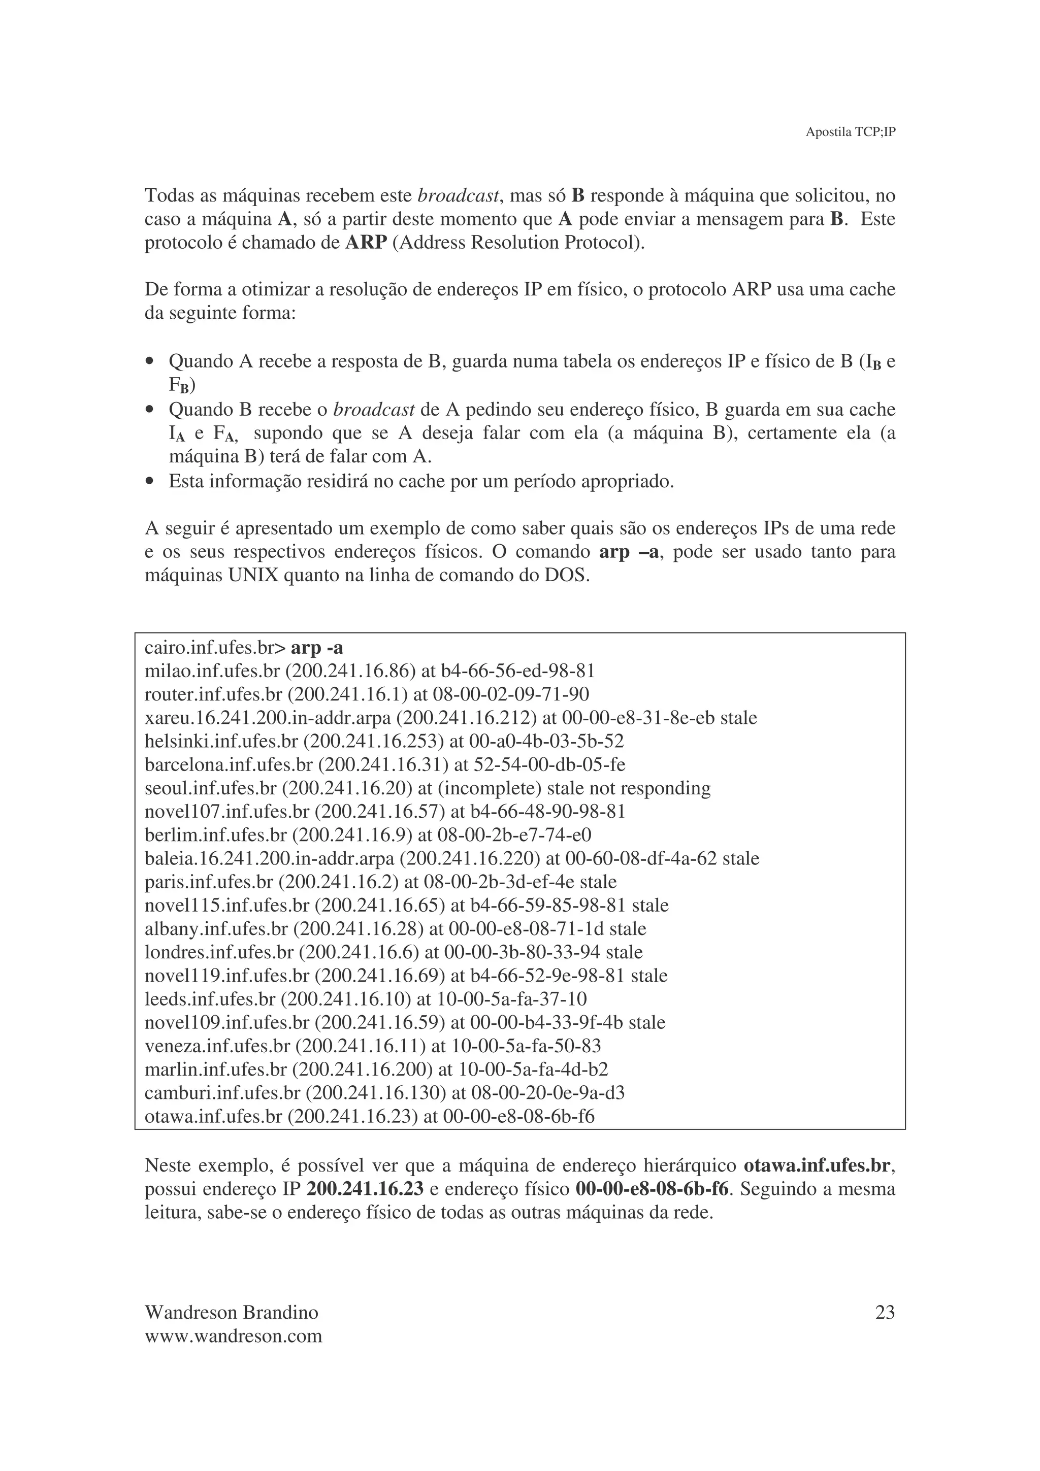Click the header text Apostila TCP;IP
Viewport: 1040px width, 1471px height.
(x=850, y=132)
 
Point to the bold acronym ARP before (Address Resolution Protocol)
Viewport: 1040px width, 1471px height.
(x=366, y=243)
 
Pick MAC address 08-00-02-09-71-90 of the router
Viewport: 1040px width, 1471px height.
(x=511, y=694)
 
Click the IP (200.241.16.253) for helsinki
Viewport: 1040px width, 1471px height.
(x=374, y=741)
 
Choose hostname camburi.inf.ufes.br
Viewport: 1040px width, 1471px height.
(x=222, y=1093)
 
